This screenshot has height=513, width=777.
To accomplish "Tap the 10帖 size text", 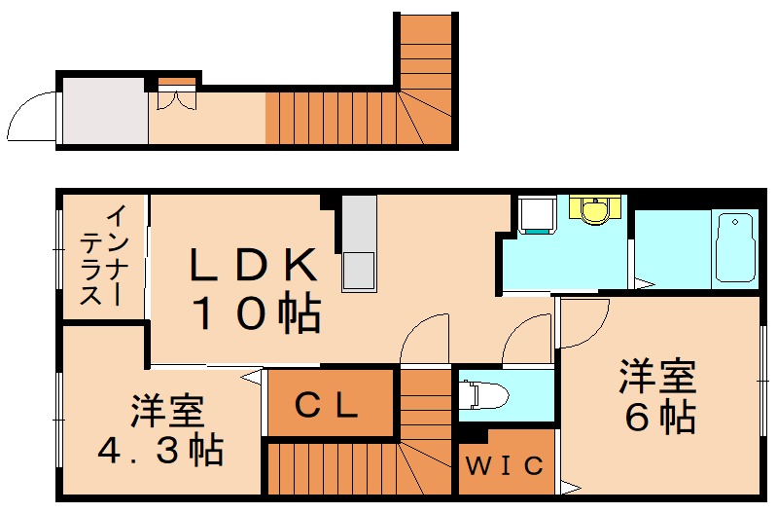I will pos(255,313).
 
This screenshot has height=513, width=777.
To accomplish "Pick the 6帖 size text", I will pos(659,416).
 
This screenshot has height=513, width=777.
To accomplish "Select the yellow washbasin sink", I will pos(592,209).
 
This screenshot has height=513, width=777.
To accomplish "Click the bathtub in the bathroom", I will pos(735,247).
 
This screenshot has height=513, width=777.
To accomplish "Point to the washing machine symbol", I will pos(535,215).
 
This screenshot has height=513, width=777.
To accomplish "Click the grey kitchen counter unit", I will pos(358,242).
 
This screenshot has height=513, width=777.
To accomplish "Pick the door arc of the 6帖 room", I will pos(584,321).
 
